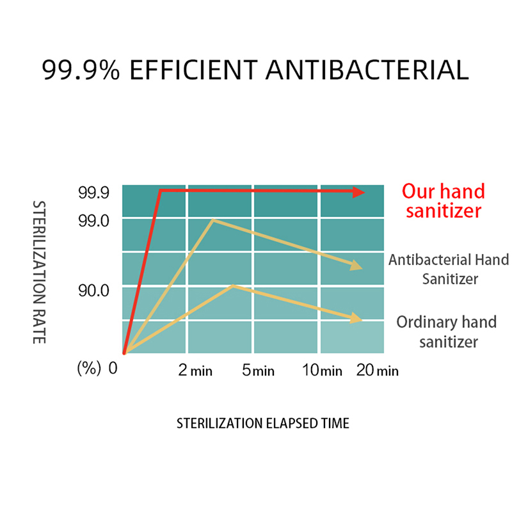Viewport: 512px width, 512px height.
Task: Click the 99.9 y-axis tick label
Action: tap(93, 193)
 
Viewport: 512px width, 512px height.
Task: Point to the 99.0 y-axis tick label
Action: tap(93, 221)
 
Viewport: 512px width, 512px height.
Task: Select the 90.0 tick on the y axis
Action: tap(93, 291)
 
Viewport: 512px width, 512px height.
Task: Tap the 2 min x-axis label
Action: tap(195, 371)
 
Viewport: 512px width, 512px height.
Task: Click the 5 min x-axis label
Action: tap(259, 371)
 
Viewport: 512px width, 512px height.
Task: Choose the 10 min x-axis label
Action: tap(323, 371)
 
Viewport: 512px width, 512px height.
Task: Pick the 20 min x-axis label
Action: tap(378, 371)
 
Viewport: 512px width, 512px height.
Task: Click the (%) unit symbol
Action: tap(89, 369)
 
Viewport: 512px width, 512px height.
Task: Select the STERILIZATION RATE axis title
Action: tap(39, 273)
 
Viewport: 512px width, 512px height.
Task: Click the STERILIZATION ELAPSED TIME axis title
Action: tap(263, 423)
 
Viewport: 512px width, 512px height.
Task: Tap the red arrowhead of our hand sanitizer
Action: tap(358, 193)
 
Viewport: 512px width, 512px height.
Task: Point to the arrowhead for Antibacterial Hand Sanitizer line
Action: tap(356, 266)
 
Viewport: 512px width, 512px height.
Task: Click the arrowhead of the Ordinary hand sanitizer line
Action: tap(356, 318)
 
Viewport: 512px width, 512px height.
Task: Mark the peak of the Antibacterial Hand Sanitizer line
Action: tap(213, 220)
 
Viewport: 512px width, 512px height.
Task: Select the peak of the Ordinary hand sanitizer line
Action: tap(233, 286)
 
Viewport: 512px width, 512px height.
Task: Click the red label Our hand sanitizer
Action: tap(444, 201)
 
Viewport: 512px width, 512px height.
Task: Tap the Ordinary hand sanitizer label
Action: tap(447, 332)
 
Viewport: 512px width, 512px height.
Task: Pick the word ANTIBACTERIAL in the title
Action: tap(367, 70)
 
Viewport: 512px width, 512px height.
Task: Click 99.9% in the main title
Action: tap(81, 70)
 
